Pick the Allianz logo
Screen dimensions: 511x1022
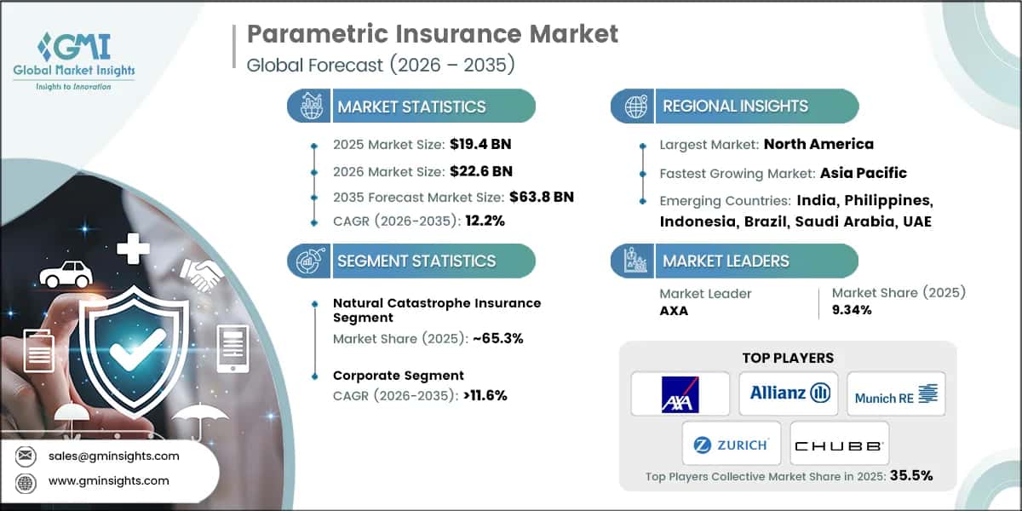(789, 393)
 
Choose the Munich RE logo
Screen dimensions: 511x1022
(896, 393)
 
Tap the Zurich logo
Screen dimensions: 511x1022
(731, 444)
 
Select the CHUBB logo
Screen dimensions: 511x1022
(839, 445)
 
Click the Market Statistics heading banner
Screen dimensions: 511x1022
(412, 107)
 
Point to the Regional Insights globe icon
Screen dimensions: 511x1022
(634, 106)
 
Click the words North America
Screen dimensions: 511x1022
(818, 144)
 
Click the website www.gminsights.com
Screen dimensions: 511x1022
(109, 481)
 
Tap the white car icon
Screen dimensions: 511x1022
(66, 274)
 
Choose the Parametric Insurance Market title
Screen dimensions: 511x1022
(433, 34)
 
